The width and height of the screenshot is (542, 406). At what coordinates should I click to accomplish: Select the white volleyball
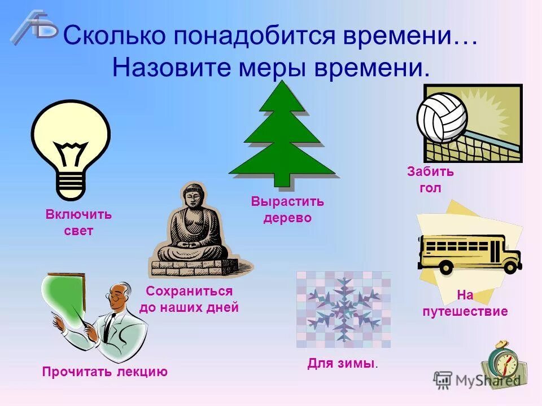tap(442, 118)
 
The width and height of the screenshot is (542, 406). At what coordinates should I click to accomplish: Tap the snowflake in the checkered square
tap(343, 308)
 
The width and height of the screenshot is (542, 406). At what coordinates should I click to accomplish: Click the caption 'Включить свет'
tap(79, 223)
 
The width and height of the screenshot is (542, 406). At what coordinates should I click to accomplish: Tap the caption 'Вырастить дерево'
tap(287, 210)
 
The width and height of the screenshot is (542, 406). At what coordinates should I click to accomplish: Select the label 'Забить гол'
tap(430, 180)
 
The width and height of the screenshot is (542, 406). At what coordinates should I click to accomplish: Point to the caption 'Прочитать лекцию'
tap(105, 372)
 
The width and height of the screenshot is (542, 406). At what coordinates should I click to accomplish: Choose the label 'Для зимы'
tap(342, 364)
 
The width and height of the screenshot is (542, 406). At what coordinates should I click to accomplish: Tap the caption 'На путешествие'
tap(465, 303)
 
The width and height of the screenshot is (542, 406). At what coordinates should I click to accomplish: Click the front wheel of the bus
tap(510, 266)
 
